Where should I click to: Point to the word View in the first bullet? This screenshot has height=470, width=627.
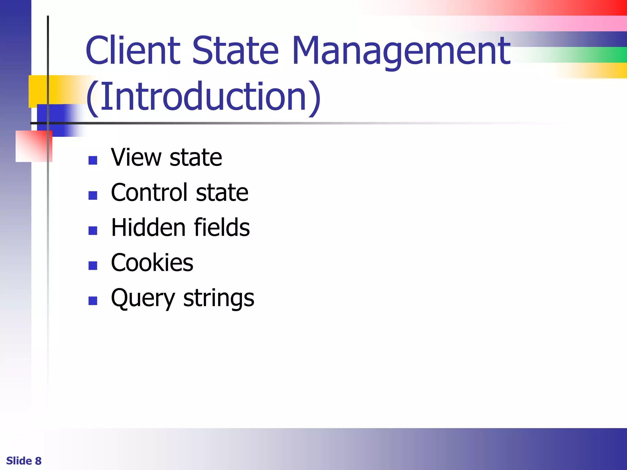point(136,157)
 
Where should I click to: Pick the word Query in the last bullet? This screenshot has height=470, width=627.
point(143,298)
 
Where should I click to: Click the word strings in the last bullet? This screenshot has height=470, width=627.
point(219,298)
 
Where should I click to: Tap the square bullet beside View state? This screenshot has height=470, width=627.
point(93,160)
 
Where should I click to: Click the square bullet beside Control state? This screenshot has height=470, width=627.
point(93,196)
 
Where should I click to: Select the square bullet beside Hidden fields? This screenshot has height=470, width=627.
point(93,230)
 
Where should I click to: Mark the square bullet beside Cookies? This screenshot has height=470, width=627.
point(93,266)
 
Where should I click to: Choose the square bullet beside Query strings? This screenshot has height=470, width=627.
point(93,301)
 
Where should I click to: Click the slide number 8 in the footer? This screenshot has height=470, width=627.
point(38,461)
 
